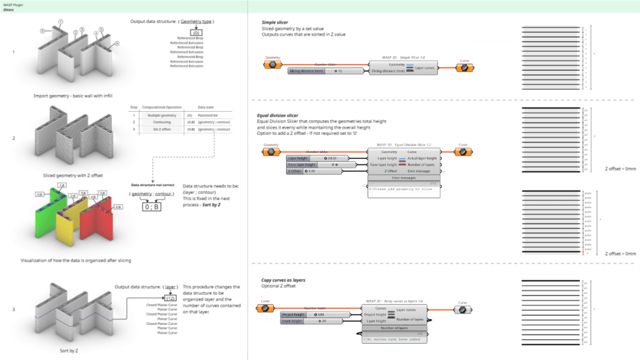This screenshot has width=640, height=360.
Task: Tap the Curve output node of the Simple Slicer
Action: click(464, 67)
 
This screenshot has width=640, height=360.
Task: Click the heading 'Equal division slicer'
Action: click(277, 116)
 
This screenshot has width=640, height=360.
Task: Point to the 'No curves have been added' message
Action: click(394, 339)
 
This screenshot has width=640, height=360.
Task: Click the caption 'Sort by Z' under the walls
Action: click(68, 351)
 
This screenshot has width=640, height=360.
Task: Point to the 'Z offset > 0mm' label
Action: click(620, 254)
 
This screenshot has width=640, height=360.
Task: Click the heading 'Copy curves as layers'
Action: click(283, 281)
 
